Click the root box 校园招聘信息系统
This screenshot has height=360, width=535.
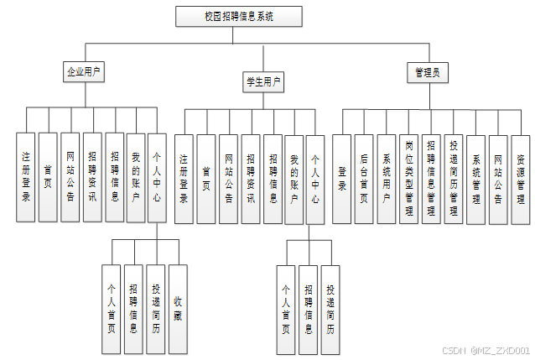(239, 16)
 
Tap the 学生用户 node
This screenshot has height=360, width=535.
(262, 82)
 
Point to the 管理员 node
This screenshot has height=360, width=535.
(426, 72)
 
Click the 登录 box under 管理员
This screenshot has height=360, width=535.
(341, 178)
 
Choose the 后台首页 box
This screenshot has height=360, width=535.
(364, 178)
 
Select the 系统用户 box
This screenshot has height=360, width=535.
(386, 178)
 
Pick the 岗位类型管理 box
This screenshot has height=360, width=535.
(408, 178)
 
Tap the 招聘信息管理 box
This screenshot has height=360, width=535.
(430, 178)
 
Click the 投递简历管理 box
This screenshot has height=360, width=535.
(453, 178)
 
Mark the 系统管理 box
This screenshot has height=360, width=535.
(475, 178)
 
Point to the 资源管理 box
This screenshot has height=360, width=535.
(521, 178)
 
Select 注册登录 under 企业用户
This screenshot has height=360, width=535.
(27, 176)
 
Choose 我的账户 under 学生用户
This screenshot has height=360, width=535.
(293, 179)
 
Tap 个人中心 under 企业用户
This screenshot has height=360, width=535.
(158, 176)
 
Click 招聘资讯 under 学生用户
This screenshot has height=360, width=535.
(250, 179)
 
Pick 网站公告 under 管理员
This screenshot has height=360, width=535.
(498, 178)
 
